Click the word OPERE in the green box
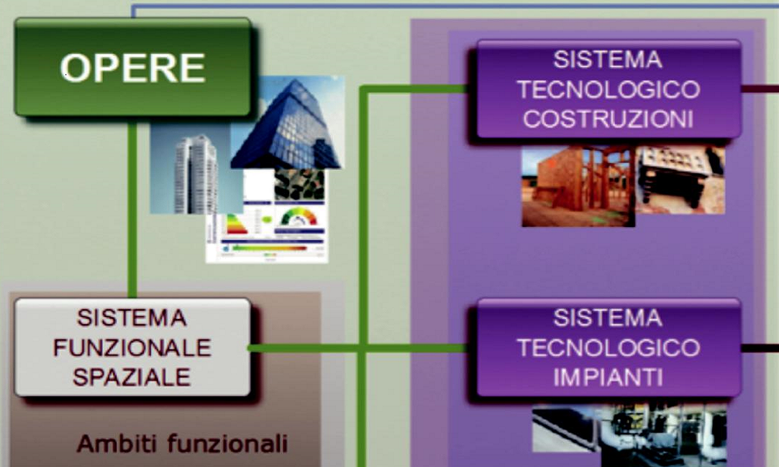point(133,68)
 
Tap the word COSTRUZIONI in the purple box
point(608,119)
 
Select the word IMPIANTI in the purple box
point(608,377)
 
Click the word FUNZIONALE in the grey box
point(132,348)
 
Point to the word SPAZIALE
point(132,377)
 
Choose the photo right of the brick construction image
point(680,180)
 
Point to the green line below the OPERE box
point(132,208)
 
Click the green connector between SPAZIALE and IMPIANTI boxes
point(417,348)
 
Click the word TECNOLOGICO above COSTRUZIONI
point(608,90)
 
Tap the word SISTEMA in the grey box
point(132,318)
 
